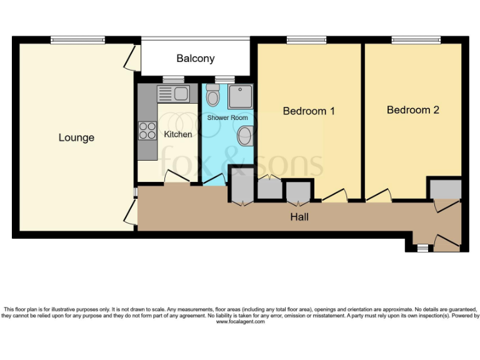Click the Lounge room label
(x=76, y=137)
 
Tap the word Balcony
(x=195, y=58)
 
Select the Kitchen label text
(x=177, y=134)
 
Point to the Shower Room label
(x=227, y=117)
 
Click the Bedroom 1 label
(x=309, y=111)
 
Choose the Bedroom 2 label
(x=412, y=110)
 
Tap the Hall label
(x=299, y=217)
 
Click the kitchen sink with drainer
(x=173, y=94)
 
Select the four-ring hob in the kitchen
(x=147, y=131)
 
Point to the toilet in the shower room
(x=213, y=96)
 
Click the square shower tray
(x=240, y=97)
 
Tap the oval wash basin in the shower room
(x=246, y=134)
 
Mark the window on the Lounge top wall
(x=77, y=40)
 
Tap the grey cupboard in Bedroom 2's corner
(x=444, y=187)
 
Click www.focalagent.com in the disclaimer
(x=240, y=321)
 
